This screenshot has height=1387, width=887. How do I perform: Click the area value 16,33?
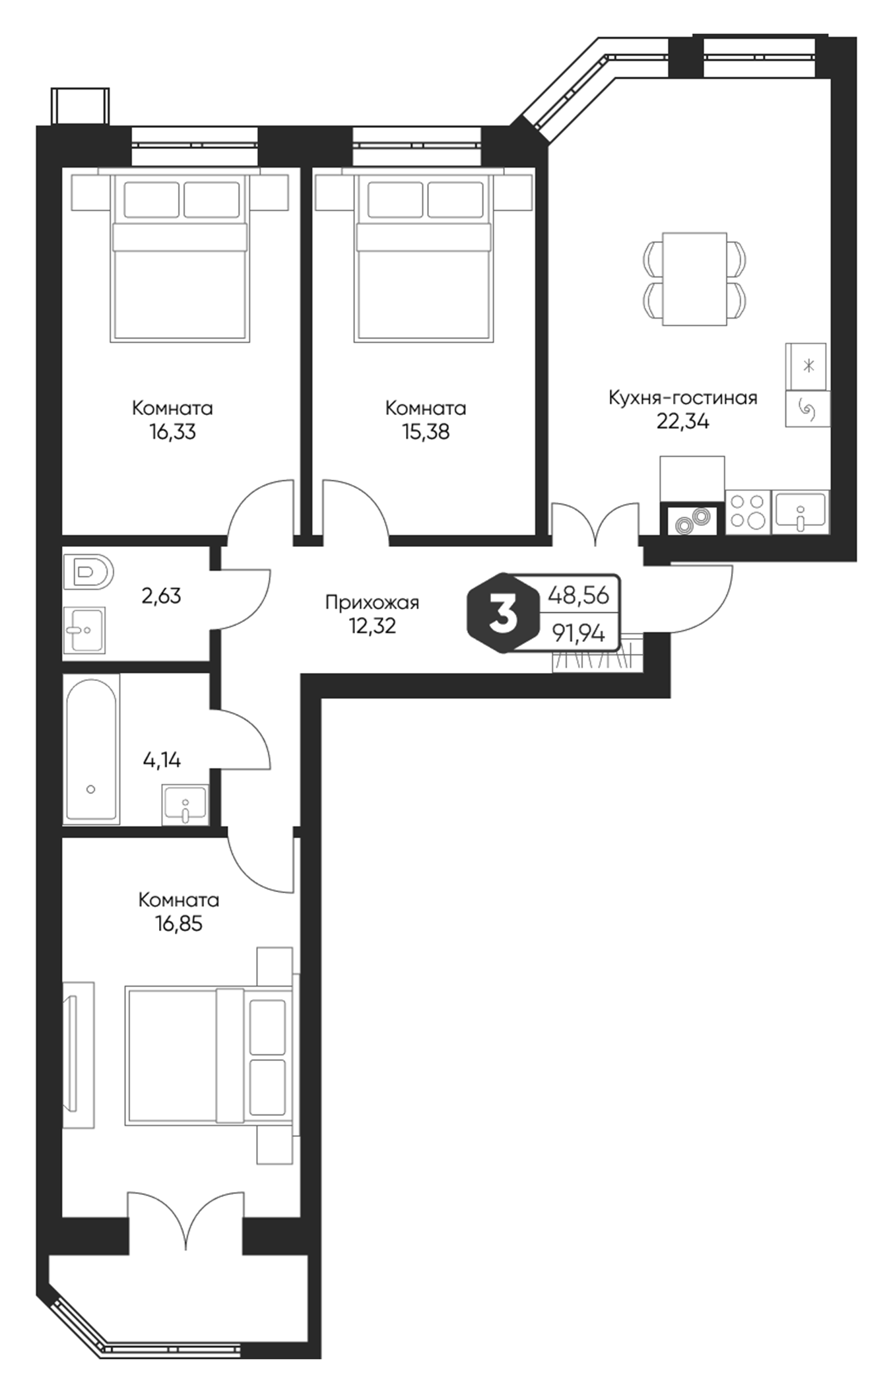pyautogui.click(x=172, y=432)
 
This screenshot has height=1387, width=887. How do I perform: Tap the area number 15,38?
pyautogui.click(x=425, y=432)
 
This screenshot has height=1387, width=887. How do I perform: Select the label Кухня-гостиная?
pyautogui.click(x=682, y=398)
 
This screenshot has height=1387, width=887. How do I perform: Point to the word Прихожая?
pyautogui.click(x=372, y=602)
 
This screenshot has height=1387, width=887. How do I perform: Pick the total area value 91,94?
pyautogui.click(x=579, y=634)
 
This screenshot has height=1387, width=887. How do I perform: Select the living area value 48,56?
pyautogui.click(x=579, y=595)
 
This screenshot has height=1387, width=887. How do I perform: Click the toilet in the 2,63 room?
pyautogui.click(x=88, y=571)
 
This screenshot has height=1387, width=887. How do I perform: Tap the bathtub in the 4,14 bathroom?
pyautogui.click(x=92, y=749)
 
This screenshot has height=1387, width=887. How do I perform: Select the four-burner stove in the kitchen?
pyautogui.click(x=748, y=512)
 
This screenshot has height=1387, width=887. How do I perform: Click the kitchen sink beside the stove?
pyautogui.click(x=800, y=512)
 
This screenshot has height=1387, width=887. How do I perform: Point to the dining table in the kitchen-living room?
pyautogui.click(x=694, y=278)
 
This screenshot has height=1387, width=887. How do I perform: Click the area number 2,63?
pyautogui.click(x=161, y=596)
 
